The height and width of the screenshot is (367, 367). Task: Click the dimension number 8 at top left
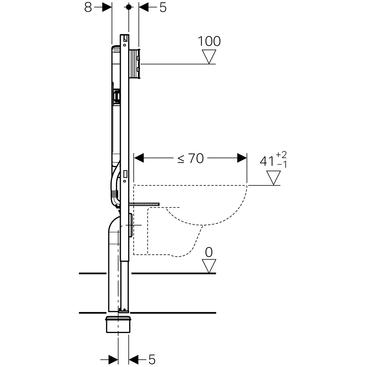[x=88, y=8]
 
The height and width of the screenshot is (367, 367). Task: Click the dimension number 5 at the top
[x=163, y=8]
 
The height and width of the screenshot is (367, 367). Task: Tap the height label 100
[x=209, y=41]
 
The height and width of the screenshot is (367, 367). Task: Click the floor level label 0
[x=209, y=253]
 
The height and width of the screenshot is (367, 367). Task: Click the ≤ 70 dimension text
[x=191, y=158]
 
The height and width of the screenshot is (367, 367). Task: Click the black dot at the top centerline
[x=128, y=7]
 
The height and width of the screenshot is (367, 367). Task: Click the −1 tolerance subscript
[x=282, y=165]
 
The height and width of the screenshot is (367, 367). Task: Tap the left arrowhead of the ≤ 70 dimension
[x=139, y=158]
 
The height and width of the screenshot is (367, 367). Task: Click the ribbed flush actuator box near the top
[x=135, y=64]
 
